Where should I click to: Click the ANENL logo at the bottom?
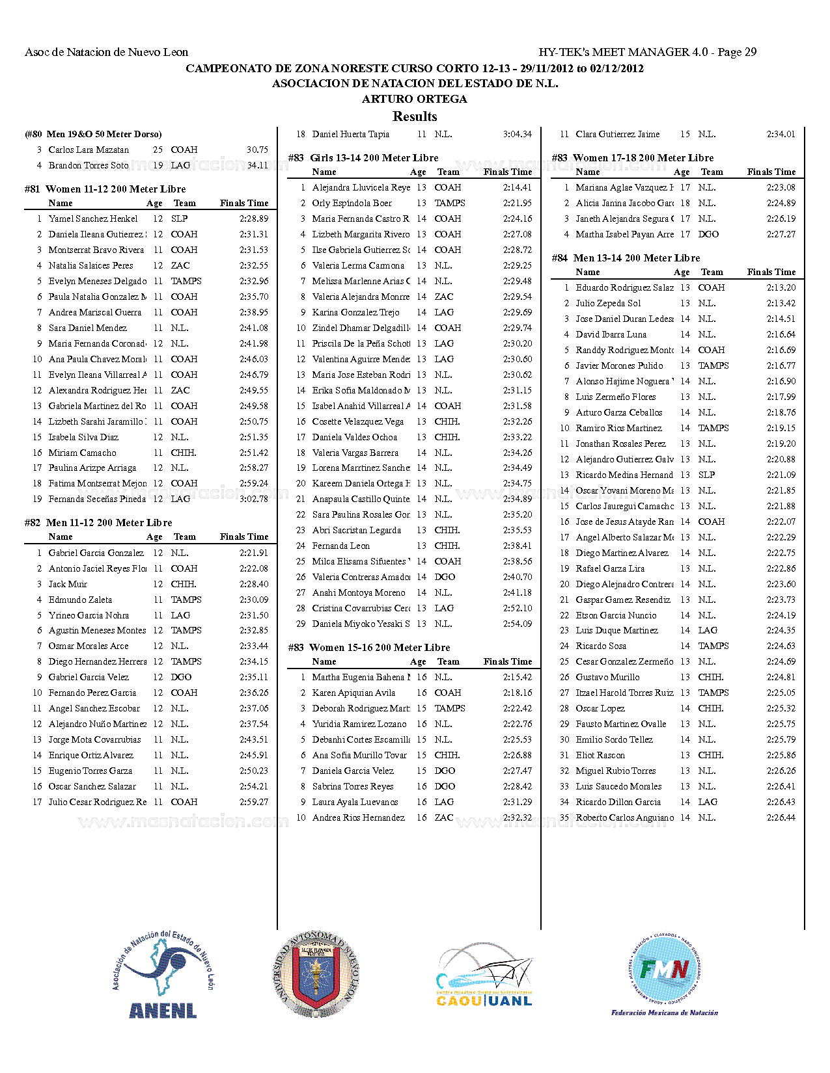163,975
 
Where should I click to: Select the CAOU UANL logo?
484,975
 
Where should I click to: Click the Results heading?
415,116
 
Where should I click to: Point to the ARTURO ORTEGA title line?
415,99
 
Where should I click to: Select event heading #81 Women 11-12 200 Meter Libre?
105,189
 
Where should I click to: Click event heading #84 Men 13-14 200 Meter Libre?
626,258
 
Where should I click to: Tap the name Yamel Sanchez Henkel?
93,219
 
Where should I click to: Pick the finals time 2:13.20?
781,287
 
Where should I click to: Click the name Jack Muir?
68,584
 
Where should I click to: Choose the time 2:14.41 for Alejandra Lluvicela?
517,187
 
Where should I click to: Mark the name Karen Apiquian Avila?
353,693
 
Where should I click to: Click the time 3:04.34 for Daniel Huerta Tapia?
517,135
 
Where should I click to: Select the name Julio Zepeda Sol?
608,303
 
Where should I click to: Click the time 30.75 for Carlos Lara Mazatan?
257,150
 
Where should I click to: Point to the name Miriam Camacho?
83,453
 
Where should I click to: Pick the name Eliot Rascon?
600,755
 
